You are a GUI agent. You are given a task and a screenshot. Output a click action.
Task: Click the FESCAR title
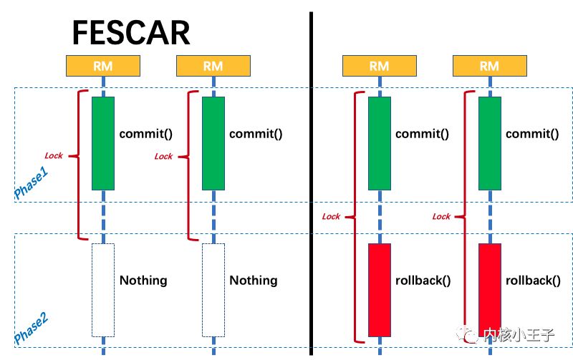(131, 33)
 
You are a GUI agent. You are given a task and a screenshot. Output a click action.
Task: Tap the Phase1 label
(31, 183)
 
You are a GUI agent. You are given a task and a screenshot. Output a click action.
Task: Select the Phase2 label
(31, 329)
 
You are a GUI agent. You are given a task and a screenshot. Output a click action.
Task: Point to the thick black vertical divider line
(311, 183)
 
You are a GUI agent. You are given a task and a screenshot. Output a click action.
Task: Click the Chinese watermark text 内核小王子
(519, 334)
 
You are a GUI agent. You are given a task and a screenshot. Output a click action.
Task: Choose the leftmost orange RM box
(103, 66)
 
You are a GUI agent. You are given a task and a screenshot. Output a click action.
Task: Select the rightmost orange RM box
(490, 66)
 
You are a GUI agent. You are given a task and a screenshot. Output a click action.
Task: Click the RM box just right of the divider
(380, 66)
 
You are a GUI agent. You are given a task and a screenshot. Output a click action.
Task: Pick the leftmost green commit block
(103, 143)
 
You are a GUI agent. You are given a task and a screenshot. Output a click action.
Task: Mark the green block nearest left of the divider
(213, 143)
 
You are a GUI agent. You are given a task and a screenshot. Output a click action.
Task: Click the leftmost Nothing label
(143, 280)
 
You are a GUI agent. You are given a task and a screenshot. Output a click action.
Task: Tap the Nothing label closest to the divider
(254, 280)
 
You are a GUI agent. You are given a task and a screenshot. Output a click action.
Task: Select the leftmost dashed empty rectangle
(103, 290)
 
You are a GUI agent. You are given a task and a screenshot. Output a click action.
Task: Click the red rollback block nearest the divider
(380, 290)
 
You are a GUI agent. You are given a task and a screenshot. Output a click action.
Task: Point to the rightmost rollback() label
(533, 281)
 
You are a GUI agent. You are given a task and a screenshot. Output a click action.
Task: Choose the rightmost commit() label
(532, 134)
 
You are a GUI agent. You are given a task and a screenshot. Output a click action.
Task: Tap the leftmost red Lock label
(54, 155)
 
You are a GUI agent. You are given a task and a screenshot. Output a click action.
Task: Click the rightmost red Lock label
(441, 217)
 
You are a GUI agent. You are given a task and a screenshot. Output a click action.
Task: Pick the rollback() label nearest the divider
(423, 281)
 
